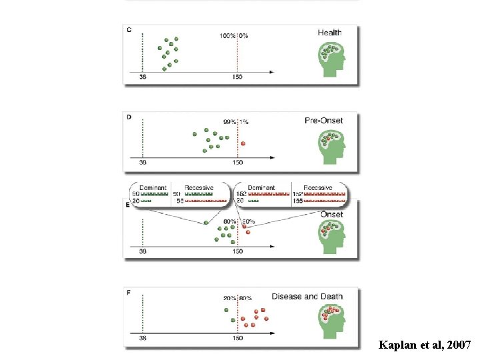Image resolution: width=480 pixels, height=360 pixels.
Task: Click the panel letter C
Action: point(129,29)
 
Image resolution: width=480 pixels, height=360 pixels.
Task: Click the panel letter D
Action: point(129,117)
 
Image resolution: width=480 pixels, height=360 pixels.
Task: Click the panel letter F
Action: point(129,291)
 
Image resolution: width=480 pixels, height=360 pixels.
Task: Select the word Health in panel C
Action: point(329,33)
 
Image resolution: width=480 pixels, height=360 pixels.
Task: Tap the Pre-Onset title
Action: point(323,121)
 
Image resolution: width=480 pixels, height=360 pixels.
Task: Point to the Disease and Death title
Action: point(307,297)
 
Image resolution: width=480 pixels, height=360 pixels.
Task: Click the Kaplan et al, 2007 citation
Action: point(425,345)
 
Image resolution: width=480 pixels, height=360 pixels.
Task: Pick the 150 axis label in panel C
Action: point(237,77)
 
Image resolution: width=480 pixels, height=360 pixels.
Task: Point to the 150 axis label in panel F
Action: point(237,338)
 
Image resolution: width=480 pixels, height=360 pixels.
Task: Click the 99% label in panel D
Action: point(229,122)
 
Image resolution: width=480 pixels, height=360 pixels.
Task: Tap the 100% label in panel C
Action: point(227,35)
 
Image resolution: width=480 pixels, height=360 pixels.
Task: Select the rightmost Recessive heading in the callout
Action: point(319,188)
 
